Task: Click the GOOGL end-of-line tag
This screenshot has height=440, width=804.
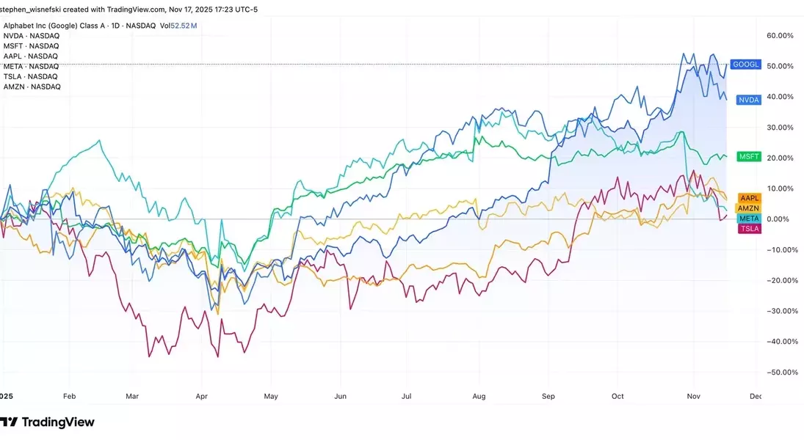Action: (746, 65)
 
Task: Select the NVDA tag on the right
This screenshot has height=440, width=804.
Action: (748, 100)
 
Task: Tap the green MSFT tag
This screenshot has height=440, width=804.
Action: (749, 157)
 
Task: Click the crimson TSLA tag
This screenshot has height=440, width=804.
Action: (749, 229)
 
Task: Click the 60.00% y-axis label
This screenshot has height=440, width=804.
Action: (780, 35)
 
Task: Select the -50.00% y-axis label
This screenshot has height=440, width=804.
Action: (778, 372)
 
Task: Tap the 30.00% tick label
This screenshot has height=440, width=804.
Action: (780, 128)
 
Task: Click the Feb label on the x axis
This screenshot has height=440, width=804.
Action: (69, 396)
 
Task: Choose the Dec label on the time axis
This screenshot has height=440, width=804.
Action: (756, 396)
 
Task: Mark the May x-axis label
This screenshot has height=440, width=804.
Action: (271, 396)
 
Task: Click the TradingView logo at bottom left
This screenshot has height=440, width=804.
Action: (48, 422)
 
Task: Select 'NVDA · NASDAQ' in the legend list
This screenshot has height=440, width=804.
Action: (32, 35)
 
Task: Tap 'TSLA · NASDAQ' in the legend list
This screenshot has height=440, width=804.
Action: (31, 76)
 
